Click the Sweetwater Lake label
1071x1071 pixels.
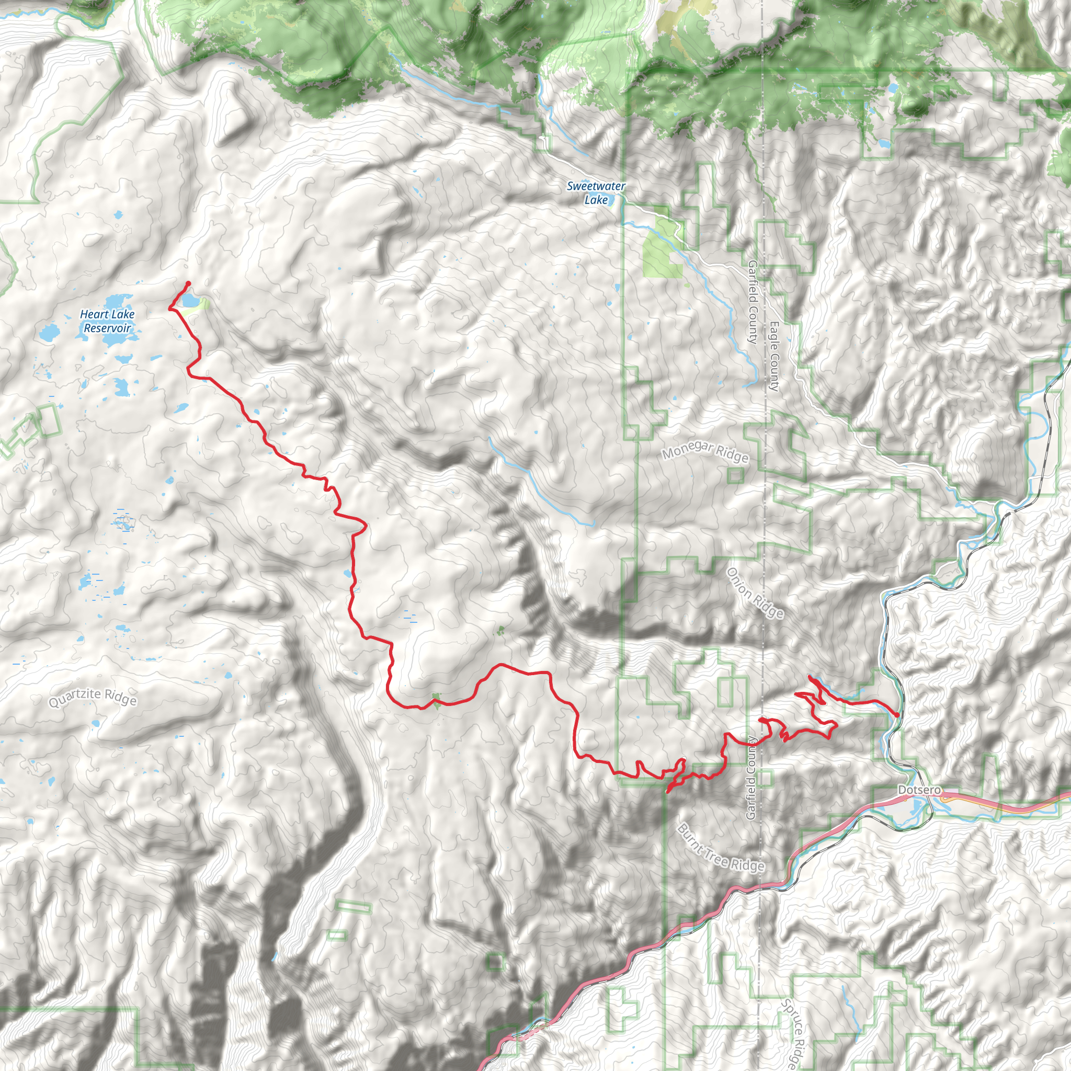596,192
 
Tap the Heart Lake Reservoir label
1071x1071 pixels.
107,321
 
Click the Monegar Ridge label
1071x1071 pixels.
705,453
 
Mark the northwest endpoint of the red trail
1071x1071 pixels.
188,283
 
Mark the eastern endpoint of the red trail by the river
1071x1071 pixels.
896,714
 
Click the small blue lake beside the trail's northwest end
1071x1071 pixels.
189,301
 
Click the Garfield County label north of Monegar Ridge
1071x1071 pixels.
752,302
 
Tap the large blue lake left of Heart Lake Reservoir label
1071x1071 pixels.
49,333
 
